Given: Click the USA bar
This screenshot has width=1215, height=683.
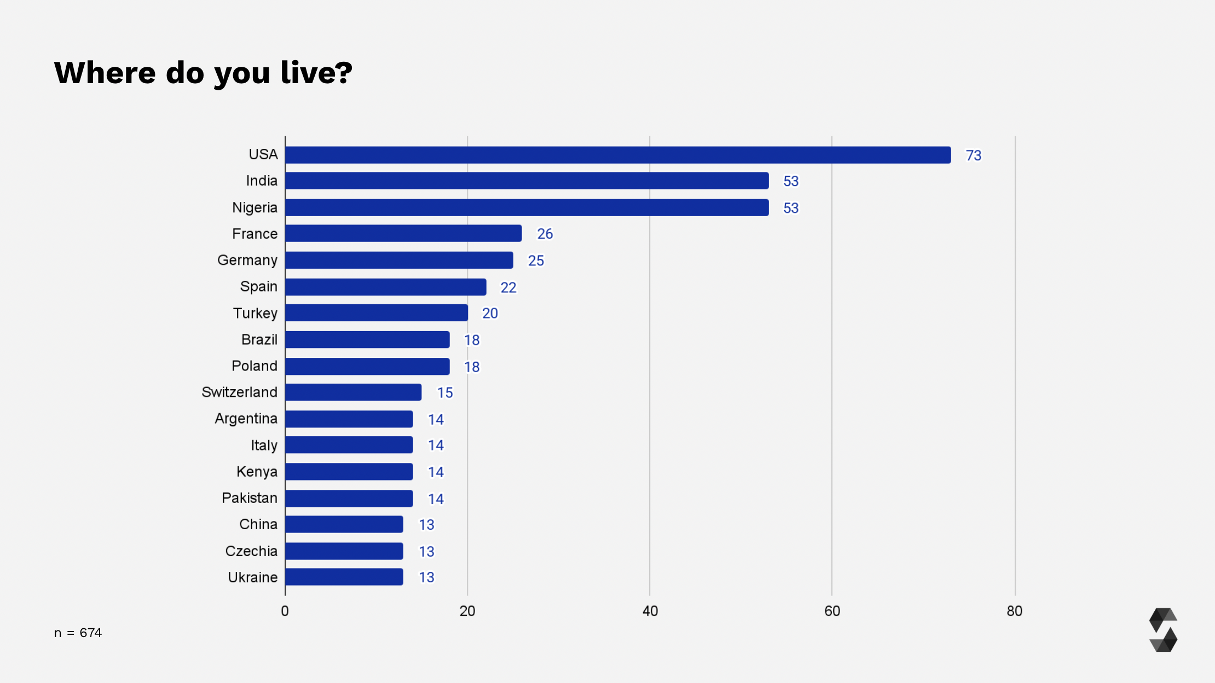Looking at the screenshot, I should (617, 155).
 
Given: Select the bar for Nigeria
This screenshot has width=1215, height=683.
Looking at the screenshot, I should (526, 207).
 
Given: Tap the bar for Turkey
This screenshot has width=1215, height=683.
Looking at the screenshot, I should (377, 313).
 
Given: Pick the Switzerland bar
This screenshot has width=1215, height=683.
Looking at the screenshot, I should (353, 392).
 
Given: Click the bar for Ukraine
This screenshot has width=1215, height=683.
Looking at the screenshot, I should (344, 577).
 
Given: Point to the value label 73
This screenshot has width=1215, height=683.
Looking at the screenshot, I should (973, 155).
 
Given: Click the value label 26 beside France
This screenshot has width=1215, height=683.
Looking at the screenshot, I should (545, 234).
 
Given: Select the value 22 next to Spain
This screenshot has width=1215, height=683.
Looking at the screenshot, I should (508, 287).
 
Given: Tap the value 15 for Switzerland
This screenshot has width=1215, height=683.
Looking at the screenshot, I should (444, 393).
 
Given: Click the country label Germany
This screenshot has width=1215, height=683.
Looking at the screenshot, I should (247, 260).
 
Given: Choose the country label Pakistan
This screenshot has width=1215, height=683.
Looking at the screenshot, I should (250, 498).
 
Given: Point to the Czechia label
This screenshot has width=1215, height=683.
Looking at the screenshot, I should (251, 551).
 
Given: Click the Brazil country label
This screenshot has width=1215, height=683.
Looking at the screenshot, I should (259, 340).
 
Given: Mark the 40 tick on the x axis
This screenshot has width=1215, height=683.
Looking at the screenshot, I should (650, 611).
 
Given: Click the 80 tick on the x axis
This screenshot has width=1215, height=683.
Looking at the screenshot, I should (1014, 611).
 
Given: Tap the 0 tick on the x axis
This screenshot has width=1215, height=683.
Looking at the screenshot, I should (285, 611).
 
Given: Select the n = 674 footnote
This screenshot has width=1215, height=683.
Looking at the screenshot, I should (78, 633).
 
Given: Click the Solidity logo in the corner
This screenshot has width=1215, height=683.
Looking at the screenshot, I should (1163, 630).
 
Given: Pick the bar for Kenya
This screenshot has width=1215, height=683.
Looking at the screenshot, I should (349, 472).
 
